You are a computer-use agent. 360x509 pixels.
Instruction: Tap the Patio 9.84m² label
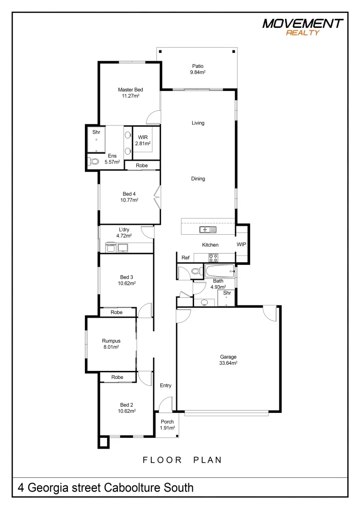[x=197, y=69]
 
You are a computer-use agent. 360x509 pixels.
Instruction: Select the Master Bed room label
[x=131, y=92]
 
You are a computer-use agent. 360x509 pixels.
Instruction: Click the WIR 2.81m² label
[x=143, y=140]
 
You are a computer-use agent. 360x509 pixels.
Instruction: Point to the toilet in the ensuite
[x=94, y=161]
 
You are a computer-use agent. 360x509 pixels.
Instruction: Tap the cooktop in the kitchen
[x=213, y=257]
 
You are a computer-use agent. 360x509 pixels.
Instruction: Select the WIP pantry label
[x=241, y=245]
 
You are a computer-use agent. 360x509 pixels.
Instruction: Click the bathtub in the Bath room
[x=219, y=271]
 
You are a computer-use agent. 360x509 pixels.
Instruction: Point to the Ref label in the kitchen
[x=186, y=258]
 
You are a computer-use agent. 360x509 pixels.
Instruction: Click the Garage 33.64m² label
[x=228, y=360]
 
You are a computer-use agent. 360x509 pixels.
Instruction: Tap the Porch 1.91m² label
[x=167, y=425]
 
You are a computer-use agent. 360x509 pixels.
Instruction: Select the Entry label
[x=165, y=386]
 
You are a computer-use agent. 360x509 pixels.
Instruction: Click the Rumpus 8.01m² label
[x=111, y=344]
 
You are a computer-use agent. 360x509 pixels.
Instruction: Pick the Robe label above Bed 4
[x=142, y=165]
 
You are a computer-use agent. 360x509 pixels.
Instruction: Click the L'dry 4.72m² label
[x=124, y=232]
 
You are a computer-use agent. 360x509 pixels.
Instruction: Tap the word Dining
[x=198, y=179]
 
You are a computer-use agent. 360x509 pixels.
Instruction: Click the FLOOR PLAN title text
[x=182, y=460]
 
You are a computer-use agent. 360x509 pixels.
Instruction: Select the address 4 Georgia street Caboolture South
[x=106, y=487]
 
